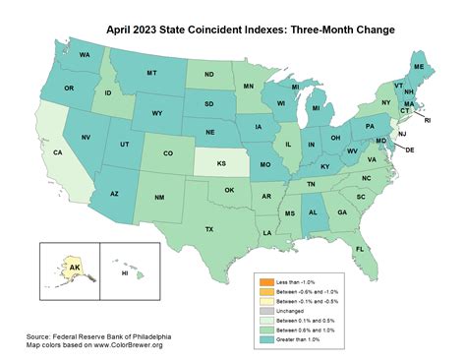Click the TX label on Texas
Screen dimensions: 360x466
[208, 228]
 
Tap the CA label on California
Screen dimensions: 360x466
[58, 153]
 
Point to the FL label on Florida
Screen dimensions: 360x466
[360, 250]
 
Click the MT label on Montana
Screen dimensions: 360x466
[150, 74]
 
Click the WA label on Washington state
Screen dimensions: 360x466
[86, 54]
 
